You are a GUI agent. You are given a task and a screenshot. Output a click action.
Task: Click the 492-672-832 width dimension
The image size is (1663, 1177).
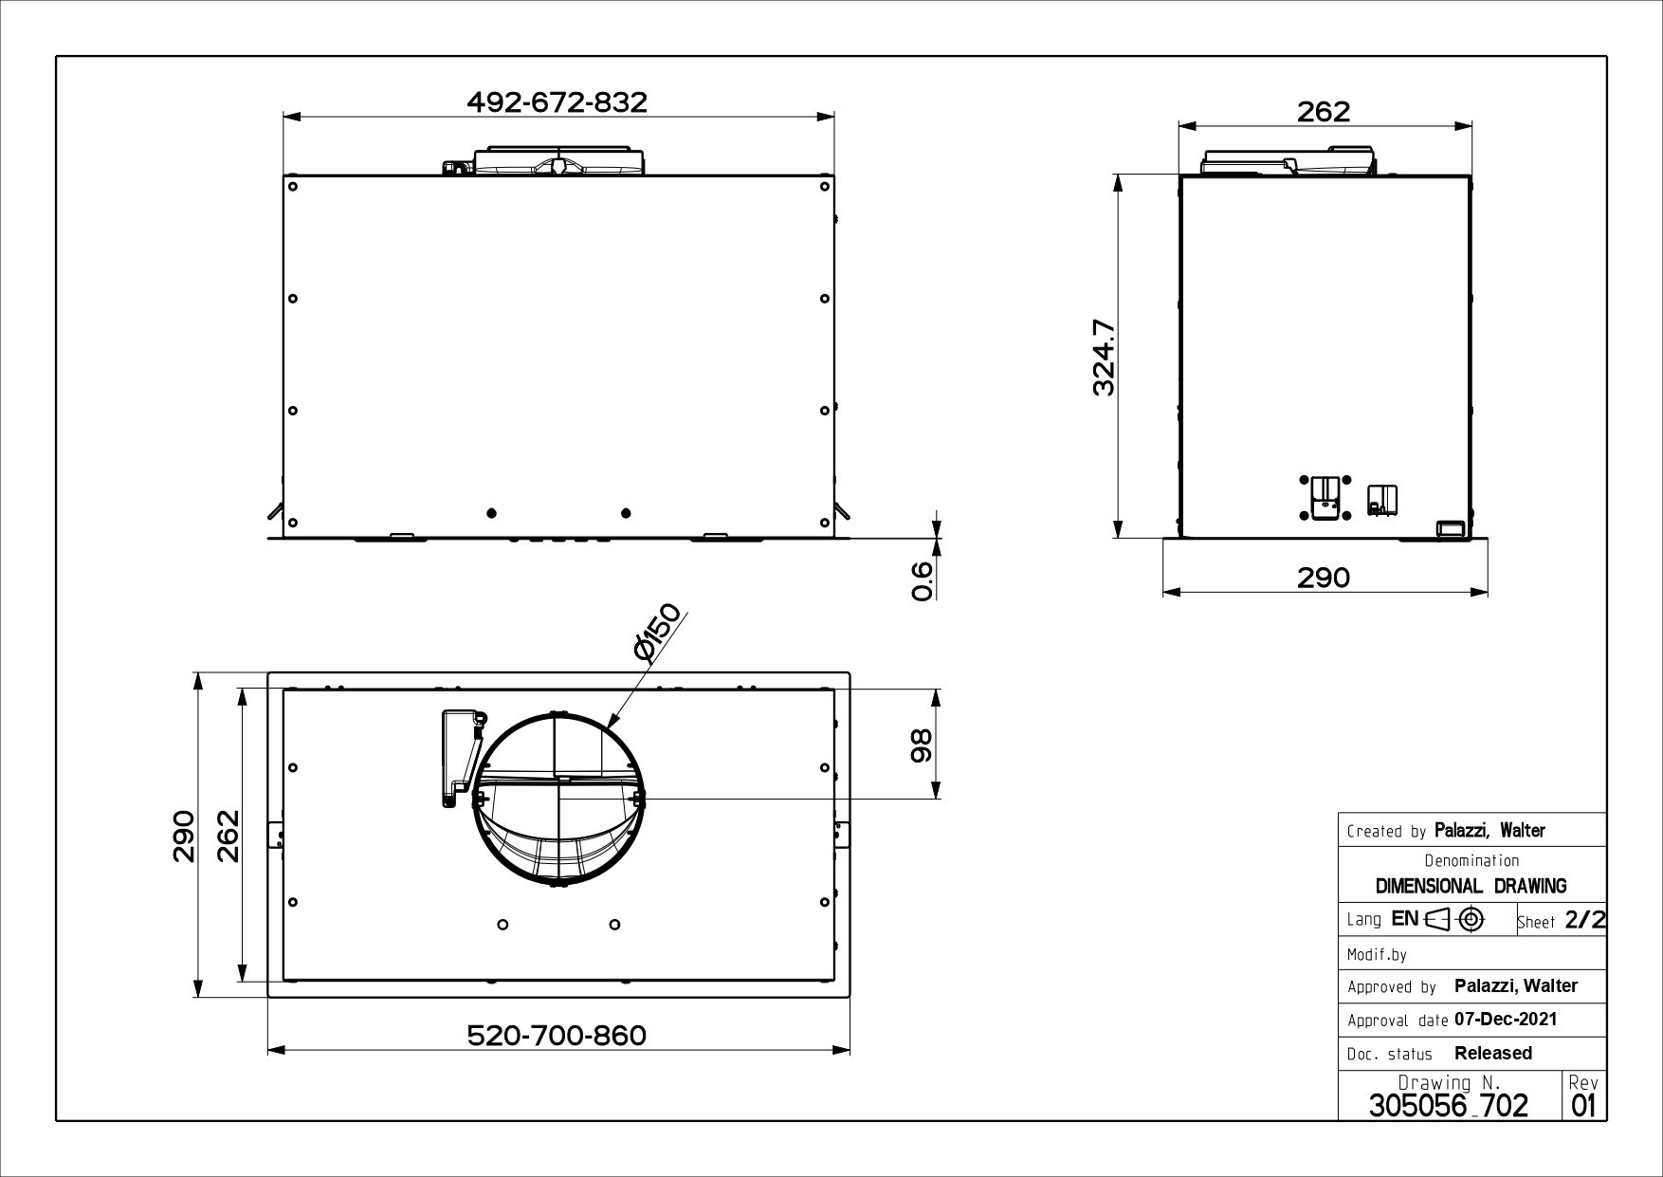click(557, 101)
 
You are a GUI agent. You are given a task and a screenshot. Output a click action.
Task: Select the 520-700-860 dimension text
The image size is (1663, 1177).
click(557, 1035)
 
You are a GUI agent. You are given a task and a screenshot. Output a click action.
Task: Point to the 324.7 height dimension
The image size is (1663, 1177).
click(1103, 358)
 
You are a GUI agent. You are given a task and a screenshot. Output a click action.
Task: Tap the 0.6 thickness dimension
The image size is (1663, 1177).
click(922, 579)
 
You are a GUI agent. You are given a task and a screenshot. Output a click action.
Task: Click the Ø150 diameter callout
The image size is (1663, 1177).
click(658, 632)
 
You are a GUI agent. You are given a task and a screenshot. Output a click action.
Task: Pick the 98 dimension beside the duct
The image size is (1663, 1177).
click(921, 745)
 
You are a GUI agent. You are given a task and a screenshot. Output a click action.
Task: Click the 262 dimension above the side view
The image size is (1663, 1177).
click(1323, 111)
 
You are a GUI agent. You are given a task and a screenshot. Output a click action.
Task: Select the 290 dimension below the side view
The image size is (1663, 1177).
click(1323, 577)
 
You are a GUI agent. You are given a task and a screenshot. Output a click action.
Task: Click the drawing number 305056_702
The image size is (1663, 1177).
click(1448, 1105)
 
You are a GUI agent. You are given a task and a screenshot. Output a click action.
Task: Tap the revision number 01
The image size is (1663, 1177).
click(1583, 1106)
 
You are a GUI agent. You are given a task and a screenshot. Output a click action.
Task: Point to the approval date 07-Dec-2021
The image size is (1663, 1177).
click(1505, 1020)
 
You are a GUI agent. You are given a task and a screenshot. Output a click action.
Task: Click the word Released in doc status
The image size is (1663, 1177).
click(1492, 1053)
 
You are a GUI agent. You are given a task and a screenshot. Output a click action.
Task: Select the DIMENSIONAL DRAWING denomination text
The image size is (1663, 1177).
click(1471, 886)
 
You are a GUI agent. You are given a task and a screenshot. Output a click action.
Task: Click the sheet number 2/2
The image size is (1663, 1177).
click(1584, 919)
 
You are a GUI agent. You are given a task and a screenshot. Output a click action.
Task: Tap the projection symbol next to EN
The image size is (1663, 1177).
click(1454, 919)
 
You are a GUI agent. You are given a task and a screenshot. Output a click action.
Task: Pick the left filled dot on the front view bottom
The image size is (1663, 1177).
click(491, 513)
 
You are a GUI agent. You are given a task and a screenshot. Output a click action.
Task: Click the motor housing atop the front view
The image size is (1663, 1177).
click(559, 161)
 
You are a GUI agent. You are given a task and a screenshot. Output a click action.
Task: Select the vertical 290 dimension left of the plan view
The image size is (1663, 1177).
click(183, 836)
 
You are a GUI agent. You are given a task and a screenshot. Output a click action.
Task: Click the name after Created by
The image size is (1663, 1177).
click(1489, 831)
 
